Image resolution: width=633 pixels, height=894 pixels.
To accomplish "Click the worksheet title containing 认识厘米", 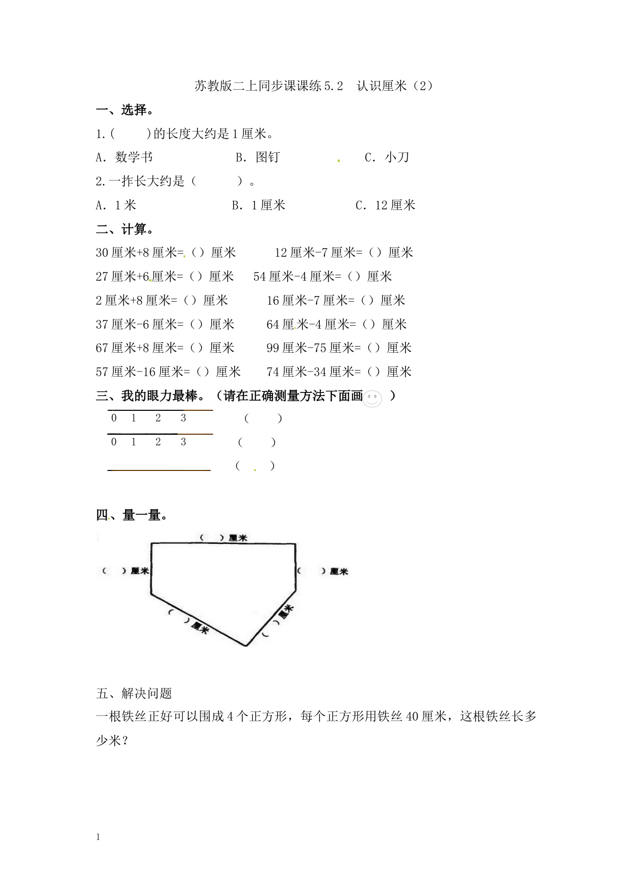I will click(x=314, y=86).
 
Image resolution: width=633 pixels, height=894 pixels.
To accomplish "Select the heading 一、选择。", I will click(x=125, y=110).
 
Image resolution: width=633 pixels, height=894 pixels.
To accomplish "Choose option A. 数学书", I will click(x=124, y=157).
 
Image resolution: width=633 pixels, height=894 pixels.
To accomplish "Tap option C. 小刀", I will click(x=387, y=157).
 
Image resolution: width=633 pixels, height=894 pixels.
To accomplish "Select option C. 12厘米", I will click(x=386, y=205).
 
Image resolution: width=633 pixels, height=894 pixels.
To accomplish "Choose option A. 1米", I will click(x=116, y=205).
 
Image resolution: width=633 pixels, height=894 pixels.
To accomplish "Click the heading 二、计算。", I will click(x=125, y=229).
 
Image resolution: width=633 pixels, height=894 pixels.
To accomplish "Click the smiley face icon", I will click(x=372, y=399).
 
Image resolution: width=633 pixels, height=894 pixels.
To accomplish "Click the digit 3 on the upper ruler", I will click(x=184, y=418).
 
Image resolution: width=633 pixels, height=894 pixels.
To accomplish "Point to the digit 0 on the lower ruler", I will click(x=114, y=442).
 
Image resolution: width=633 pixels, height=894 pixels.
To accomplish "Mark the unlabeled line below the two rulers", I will click(x=159, y=470).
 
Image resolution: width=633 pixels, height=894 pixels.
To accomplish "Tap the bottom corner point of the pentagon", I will click(x=246, y=646).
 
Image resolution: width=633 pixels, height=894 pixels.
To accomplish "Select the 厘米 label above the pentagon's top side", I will click(x=238, y=538).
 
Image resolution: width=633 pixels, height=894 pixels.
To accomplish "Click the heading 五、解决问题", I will click(x=134, y=693).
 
